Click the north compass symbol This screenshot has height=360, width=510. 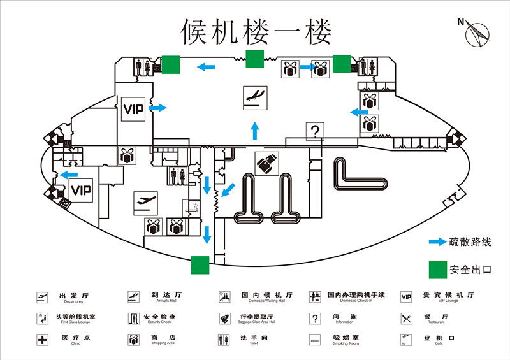pos(477,32)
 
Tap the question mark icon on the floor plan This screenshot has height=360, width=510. pos(315,131)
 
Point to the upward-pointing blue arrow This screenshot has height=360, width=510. pos(255,131)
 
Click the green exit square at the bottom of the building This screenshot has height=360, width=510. pos(200,264)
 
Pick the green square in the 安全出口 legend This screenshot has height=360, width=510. pos(437,269)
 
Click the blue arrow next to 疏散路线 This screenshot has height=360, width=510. pos(437,242)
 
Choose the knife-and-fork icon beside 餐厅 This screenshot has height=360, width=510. pos(406,318)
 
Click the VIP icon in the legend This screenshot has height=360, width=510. pos(406,296)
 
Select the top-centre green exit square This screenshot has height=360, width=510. pos(255,59)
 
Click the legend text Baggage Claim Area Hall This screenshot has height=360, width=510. pos(257,322)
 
